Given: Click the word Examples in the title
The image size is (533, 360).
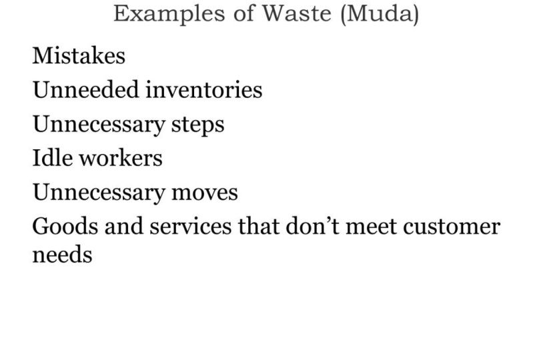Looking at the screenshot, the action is pyautogui.click(x=169, y=15).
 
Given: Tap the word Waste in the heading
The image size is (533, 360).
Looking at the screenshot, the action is pyautogui.click(x=297, y=13).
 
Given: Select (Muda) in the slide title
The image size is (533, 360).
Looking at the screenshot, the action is pyautogui.click(x=380, y=15).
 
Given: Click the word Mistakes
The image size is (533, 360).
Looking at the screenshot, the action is pyautogui.click(x=79, y=55).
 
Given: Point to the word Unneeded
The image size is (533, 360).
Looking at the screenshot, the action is pyautogui.click(x=86, y=89).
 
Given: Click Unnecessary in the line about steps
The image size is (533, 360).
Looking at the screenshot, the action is pyautogui.click(x=99, y=125).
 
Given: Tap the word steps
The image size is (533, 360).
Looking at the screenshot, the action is pyautogui.click(x=198, y=125).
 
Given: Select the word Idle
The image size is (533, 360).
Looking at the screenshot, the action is pyautogui.click(x=52, y=158).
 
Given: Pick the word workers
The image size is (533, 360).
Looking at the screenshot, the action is pyautogui.click(x=121, y=158).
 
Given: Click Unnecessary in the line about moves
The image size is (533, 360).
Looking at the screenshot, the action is pyautogui.click(x=99, y=193).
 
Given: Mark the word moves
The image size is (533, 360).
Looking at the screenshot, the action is pyautogui.click(x=205, y=193).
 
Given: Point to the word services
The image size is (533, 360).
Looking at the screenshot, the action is pyautogui.click(x=190, y=227).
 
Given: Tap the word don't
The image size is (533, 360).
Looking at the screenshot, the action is pyautogui.click(x=312, y=227).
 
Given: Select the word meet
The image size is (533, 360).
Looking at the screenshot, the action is pyautogui.click(x=371, y=227).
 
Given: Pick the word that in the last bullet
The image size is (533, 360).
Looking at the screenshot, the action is pyautogui.click(x=258, y=227).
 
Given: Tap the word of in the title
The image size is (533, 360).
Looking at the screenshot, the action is pyautogui.click(x=243, y=13).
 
